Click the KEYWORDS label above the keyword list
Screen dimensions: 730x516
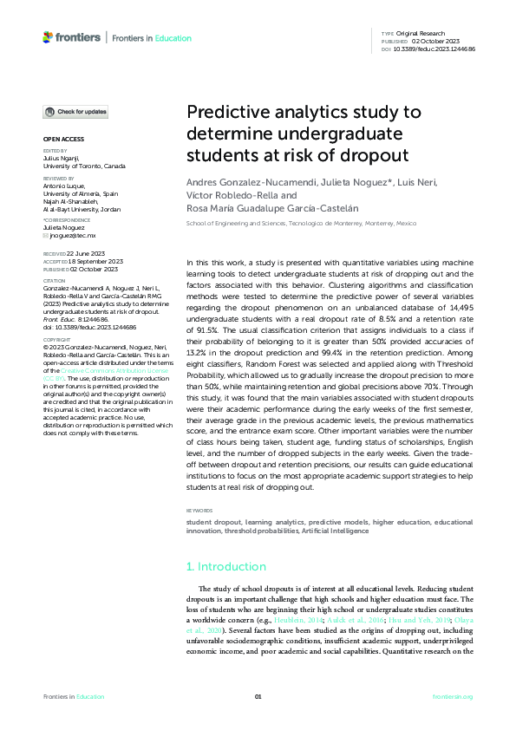pyautogui.click(x=202, y=511)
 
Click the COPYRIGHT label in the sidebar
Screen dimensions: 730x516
pyautogui.click(x=57, y=341)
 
